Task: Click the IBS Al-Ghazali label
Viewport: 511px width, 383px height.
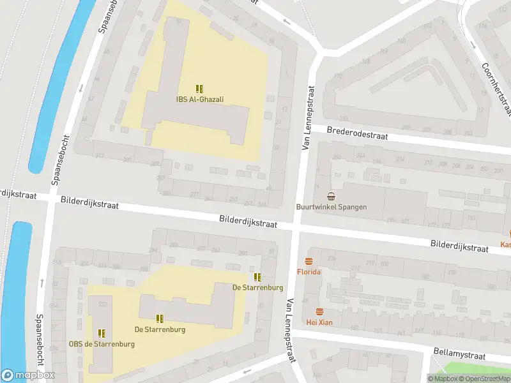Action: pyautogui.click(x=200, y=99)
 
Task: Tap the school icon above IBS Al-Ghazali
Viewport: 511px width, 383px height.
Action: pyautogui.click(x=200, y=89)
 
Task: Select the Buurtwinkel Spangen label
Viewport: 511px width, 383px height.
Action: pyautogui.click(x=330, y=207)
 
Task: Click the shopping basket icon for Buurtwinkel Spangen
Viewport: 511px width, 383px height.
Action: pyautogui.click(x=331, y=196)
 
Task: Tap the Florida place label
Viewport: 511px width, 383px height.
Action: pyautogui.click(x=309, y=272)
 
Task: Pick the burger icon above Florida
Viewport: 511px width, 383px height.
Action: pyautogui.click(x=309, y=261)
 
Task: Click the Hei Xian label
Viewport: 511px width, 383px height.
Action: pyautogui.click(x=319, y=322)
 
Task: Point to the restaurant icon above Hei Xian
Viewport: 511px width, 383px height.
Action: pyautogui.click(x=319, y=312)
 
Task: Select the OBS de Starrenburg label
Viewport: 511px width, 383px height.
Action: pyautogui.click(x=102, y=344)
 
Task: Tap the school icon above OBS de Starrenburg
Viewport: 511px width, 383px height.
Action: pyautogui.click(x=102, y=333)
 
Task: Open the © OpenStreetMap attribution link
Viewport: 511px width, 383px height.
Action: pyautogui.click(x=485, y=379)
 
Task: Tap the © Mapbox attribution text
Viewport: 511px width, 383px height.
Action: pyautogui.click(x=443, y=379)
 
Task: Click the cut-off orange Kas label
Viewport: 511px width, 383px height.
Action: pyautogui.click(x=505, y=244)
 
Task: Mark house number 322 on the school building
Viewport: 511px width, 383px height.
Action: pyautogui.click(x=102, y=304)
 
